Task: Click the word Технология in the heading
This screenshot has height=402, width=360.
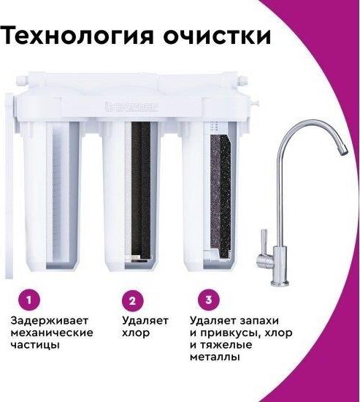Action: coord(77,36)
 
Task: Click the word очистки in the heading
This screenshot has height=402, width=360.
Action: coord(217,35)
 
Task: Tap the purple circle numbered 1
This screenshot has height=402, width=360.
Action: coord(29,300)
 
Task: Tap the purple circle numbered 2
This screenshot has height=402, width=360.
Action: coord(132,300)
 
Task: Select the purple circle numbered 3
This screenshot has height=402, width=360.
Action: coord(209,300)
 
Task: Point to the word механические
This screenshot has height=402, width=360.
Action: coord(52,333)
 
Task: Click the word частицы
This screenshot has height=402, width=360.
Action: coord(35,346)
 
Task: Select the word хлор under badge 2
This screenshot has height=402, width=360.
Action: coord(136,333)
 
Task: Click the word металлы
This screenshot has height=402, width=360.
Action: coord(215,357)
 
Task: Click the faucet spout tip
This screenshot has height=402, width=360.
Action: coord(344,151)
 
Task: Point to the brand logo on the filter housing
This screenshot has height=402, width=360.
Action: coord(131,107)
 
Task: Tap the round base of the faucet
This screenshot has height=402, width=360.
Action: coord(280,283)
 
